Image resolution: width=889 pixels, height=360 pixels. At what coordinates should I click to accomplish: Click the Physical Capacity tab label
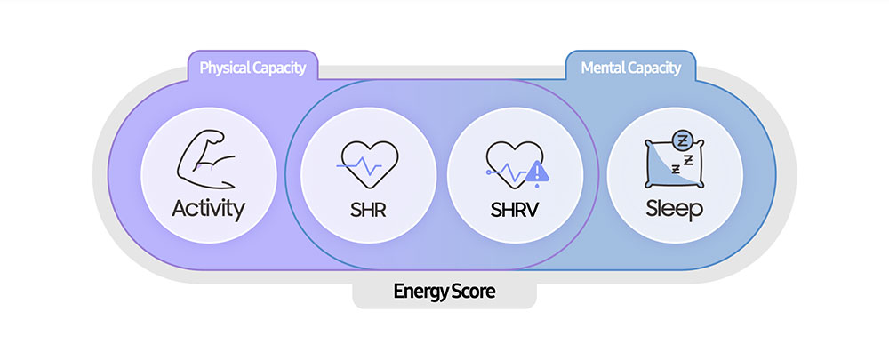pyautogui.click(x=252, y=68)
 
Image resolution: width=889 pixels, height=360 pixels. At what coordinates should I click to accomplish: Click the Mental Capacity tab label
pyautogui.click(x=630, y=68)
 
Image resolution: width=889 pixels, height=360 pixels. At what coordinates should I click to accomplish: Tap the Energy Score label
pyautogui.click(x=444, y=291)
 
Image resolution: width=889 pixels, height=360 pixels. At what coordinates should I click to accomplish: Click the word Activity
pyautogui.click(x=208, y=210)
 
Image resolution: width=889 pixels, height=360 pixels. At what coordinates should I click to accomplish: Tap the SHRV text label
pyautogui.click(x=515, y=212)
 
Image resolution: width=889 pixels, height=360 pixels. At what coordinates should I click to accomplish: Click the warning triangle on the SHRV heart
pyautogui.click(x=536, y=172)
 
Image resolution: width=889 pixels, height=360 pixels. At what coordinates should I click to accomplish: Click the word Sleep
pyautogui.click(x=674, y=211)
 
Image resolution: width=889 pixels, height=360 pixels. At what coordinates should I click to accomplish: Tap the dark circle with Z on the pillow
pyautogui.click(x=683, y=140)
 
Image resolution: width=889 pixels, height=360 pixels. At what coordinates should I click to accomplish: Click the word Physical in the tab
pyautogui.click(x=222, y=68)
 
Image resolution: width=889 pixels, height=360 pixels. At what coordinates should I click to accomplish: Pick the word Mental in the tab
pyautogui.click(x=602, y=68)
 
